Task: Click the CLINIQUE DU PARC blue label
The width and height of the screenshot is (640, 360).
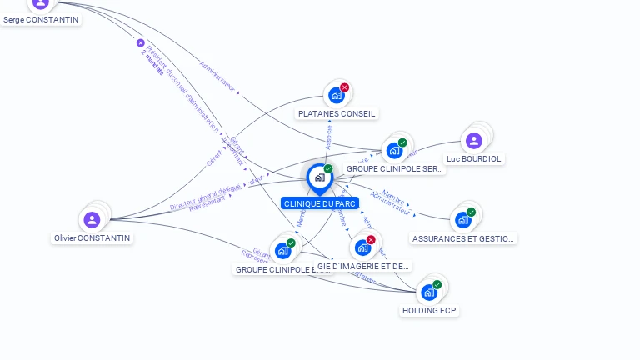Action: tap(320, 203)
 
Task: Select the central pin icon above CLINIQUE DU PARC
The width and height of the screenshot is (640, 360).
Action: tap(319, 177)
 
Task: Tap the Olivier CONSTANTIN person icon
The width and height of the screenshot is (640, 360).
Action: tap(92, 219)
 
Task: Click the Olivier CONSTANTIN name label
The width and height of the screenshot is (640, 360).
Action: tap(92, 238)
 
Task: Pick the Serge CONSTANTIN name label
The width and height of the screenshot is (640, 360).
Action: tap(41, 19)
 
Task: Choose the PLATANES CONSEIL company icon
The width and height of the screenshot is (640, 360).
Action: tap(336, 95)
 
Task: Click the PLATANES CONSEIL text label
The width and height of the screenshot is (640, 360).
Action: tap(337, 113)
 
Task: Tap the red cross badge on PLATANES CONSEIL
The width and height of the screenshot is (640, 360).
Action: tap(344, 87)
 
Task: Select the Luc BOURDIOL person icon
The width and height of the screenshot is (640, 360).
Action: tap(474, 141)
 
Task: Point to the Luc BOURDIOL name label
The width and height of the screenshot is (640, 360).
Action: tap(475, 158)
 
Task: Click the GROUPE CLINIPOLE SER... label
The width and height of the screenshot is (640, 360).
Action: tap(395, 168)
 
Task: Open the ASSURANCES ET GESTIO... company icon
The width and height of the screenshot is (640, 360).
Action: tap(462, 220)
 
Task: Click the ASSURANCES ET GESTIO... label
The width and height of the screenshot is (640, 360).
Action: tap(463, 238)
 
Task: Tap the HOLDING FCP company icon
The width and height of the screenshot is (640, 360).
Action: tap(428, 292)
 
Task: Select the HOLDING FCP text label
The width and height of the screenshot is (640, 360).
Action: tap(430, 311)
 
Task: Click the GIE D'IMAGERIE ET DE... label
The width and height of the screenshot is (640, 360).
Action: tap(364, 267)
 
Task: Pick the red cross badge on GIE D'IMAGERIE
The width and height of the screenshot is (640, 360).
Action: tap(371, 240)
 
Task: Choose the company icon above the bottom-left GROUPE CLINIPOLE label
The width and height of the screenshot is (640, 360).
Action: tap(282, 250)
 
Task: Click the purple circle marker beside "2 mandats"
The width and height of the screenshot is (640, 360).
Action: tap(140, 42)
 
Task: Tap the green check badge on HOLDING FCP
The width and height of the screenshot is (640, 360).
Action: tap(437, 284)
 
